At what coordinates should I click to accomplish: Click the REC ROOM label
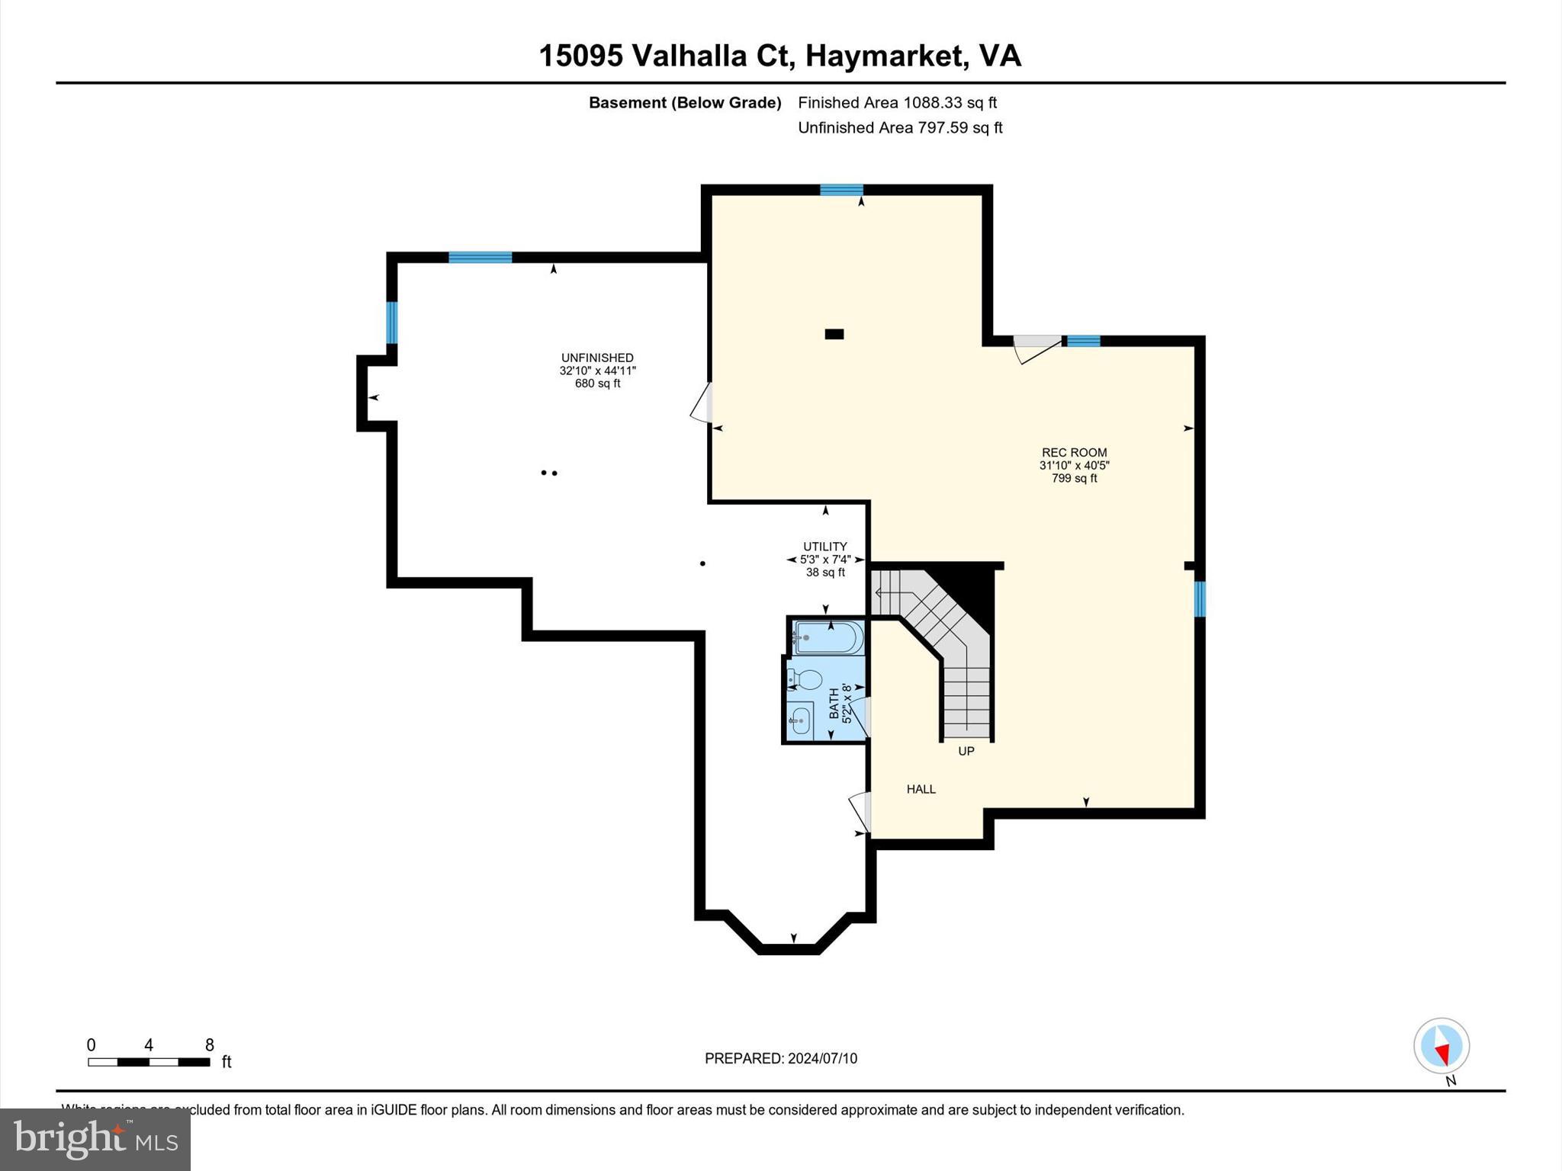point(1074,453)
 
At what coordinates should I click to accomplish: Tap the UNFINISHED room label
point(597,358)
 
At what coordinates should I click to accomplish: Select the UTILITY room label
point(824,547)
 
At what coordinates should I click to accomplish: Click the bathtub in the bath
point(828,637)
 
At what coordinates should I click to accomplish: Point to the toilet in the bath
point(805,679)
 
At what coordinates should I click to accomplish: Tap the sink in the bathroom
point(800,719)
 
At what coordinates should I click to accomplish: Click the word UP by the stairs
point(966,751)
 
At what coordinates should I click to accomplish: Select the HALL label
point(921,789)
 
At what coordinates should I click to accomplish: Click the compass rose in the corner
point(1441,1047)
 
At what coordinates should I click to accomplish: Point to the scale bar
point(149,1061)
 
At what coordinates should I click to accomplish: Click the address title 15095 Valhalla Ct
point(779,56)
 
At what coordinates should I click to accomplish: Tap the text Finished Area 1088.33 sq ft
point(897,102)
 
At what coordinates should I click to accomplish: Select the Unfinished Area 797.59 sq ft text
point(899,127)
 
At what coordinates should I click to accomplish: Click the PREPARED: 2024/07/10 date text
point(780,1058)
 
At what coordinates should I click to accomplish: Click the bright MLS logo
point(95,1139)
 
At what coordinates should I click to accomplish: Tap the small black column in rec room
point(834,334)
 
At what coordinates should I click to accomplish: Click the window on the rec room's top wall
point(841,190)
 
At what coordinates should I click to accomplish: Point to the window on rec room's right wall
point(1199,598)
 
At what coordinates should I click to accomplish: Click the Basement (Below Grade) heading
point(685,103)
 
